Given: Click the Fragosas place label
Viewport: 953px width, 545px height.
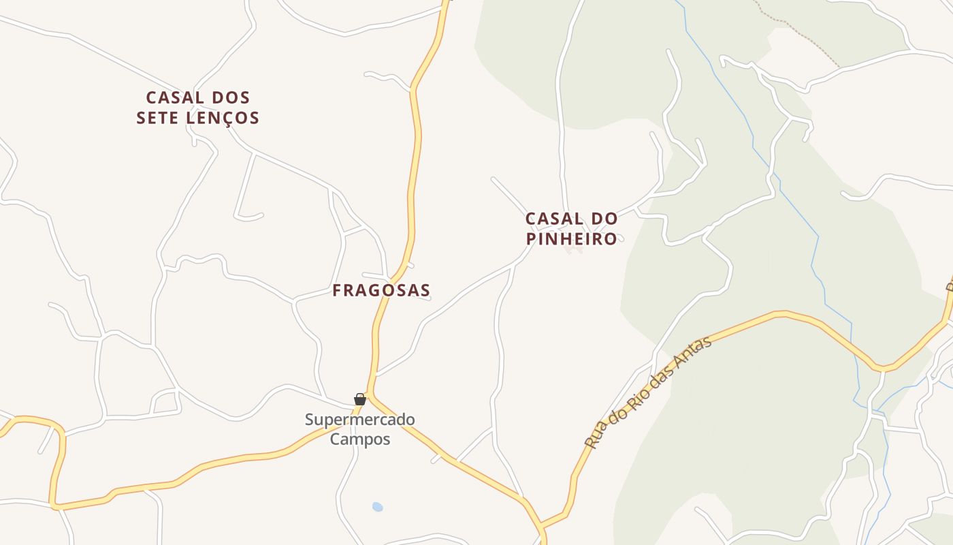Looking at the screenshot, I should [381, 290].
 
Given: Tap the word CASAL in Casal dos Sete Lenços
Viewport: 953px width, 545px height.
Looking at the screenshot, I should [174, 97].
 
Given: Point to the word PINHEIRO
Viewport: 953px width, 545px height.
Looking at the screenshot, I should [572, 239].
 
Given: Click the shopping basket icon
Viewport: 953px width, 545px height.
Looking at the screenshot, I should [360, 399].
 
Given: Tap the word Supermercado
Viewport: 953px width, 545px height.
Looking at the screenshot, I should [359, 420].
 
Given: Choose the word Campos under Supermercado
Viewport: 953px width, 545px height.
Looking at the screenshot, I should [360, 439].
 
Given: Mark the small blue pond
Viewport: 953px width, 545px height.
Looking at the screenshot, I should [378, 507].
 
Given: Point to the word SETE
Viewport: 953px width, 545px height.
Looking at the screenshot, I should [158, 118].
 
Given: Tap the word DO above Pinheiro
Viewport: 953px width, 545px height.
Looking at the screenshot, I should [604, 219].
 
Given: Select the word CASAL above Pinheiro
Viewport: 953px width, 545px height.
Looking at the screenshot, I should [554, 219].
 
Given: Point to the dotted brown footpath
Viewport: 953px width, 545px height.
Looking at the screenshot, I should [803, 37].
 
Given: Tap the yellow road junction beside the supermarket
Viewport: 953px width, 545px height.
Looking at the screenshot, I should [368, 396].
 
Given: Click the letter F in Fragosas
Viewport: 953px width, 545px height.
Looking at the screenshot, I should [337, 291].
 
